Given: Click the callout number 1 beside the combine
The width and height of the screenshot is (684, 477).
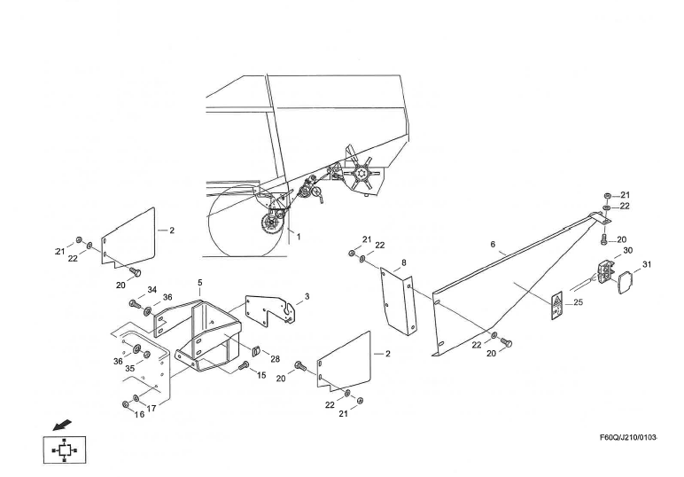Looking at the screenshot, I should pyautogui.click(x=299, y=237).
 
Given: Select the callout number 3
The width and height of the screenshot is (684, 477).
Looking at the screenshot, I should pyautogui.click(x=307, y=296).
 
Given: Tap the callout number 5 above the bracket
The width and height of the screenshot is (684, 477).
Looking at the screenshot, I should pyautogui.click(x=200, y=283).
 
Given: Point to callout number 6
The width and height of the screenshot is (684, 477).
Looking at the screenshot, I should pyautogui.click(x=493, y=244).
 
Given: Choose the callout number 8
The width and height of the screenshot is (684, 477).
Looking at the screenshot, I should pyautogui.click(x=403, y=263).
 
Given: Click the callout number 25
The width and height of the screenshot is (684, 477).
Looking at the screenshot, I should pyautogui.click(x=578, y=303).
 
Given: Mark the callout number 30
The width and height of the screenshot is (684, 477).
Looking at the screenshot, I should pyautogui.click(x=627, y=251).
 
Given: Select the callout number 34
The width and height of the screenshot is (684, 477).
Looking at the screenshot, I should pyautogui.click(x=152, y=290).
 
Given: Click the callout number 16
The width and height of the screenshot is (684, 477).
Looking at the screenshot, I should pyautogui.click(x=139, y=414).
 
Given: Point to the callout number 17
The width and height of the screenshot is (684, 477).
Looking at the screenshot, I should pyautogui.click(x=152, y=408).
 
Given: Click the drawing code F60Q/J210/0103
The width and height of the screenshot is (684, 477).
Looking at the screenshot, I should pyautogui.click(x=628, y=437).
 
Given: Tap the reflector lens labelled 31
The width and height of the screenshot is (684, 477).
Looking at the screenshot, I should pyautogui.click(x=623, y=285).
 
